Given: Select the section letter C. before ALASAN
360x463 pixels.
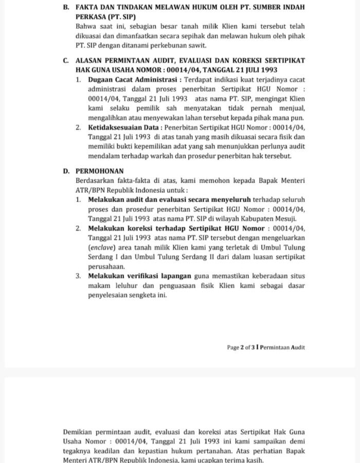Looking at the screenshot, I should [x=66, y=60].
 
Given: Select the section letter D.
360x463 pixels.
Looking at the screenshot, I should [x=66, y=171].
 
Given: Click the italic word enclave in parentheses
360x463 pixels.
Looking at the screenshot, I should [x=101, y=247].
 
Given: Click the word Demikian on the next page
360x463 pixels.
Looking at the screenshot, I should [x=77, y=431].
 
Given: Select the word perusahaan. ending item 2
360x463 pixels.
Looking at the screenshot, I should [x=106, y=266].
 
